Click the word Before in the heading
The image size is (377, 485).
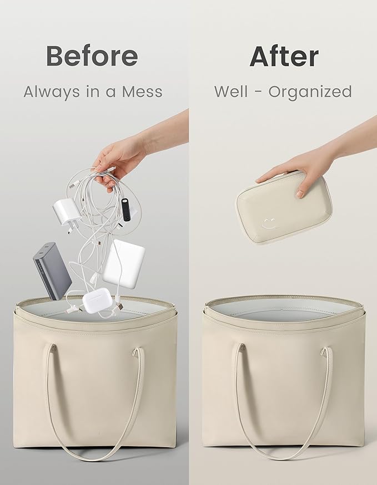tap(92, 55)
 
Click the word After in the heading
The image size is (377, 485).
tap(284, 56)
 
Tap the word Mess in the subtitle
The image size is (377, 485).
tap(142, 92)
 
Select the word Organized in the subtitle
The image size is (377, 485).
tap(310, 92)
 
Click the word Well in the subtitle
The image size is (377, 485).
tap(231, 91)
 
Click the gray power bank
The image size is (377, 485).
tap(52, 270)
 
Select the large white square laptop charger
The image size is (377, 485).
tap(124, 263)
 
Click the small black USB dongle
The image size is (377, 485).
tap(125, 209)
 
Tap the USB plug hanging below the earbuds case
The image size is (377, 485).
tap(119, 305)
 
